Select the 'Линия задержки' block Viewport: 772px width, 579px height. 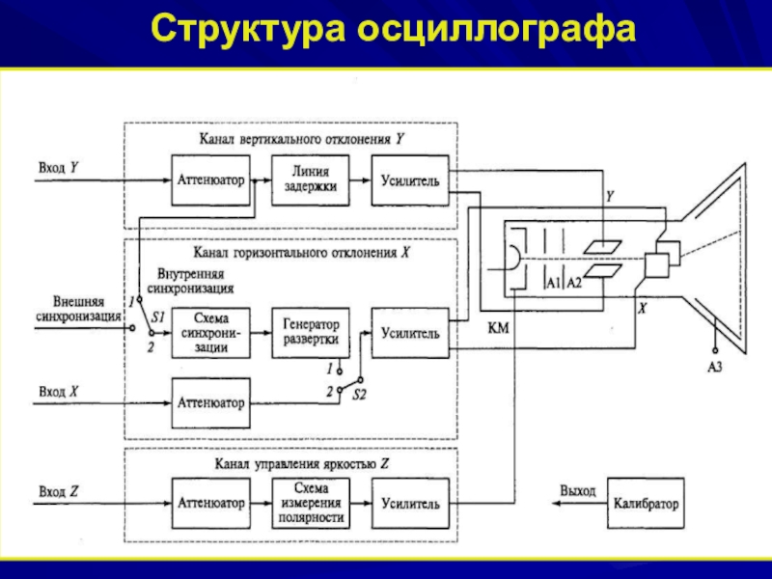pyautogui.click(x=311, y=179)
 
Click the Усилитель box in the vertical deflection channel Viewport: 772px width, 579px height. pyautogui.click(x=410, y=179)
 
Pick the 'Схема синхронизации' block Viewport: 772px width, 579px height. pyautogui.click(x=211, y=333)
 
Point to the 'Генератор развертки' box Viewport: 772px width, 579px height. pyautogui.click(x=311, y=333)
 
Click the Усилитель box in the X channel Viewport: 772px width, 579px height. pyautogui.click(x=410, y=333)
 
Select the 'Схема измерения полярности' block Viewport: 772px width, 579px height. pyautogui.click(x=311, y=503)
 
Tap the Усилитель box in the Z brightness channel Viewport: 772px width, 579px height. pyautogui.click(x=410, y=503)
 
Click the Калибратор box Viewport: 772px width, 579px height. pyautogui.click(x=645, y=503)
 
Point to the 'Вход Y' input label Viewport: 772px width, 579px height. pyautogui.click(x=58, y=167)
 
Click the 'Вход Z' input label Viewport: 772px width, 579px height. pyautogui.click(x=58, y=492)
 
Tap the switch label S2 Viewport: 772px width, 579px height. pyautogui.click(x=359, y=395)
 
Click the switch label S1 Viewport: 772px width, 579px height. pyautogui.click(x=159, y=317)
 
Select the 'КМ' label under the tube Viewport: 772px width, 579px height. pyautogui.click(x=499, y=328)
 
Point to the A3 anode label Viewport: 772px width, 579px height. pyautogui.click(x=715, y=367)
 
